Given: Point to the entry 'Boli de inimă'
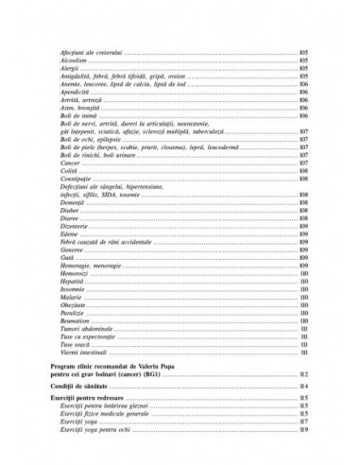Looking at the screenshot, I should click(x=77, y=116).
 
